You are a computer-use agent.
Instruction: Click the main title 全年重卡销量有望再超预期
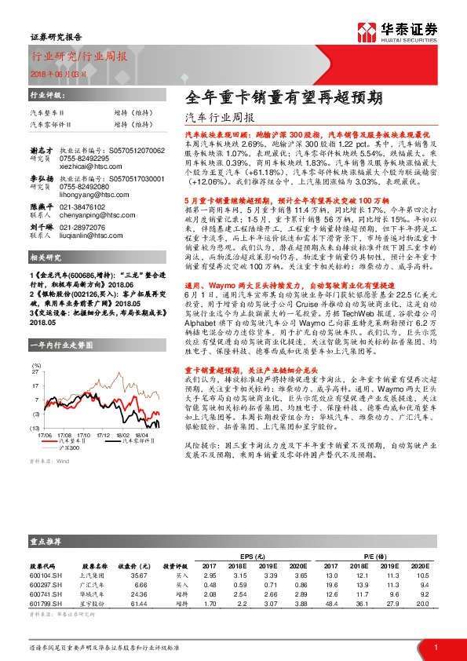(x=283, y=98)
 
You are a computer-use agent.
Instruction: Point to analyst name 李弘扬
(x=40, y=179)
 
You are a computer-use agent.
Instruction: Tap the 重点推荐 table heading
(x=46, y=542)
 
